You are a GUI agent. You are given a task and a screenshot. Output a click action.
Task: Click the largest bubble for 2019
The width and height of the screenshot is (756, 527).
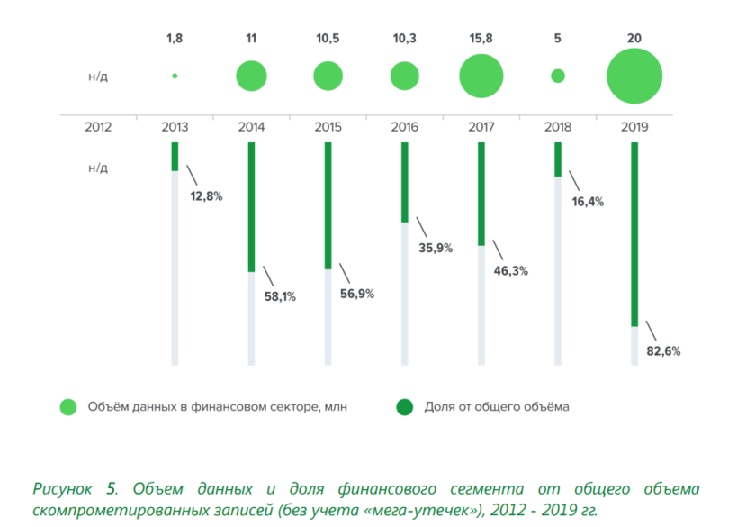coord(634,76)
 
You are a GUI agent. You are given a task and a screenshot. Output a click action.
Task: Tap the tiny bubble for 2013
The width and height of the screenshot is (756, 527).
coord(175,76)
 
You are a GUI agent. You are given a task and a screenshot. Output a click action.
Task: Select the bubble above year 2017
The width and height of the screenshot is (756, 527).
coord(481,76)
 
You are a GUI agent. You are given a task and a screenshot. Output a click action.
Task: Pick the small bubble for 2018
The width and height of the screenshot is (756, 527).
coord(558,76)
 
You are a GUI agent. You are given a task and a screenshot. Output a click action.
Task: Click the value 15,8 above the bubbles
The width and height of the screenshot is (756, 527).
coord(481,39)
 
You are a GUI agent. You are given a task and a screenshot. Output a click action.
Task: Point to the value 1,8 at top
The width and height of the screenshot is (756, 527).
coord(175,39)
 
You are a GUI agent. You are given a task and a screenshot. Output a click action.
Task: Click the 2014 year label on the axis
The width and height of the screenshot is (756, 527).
coord(251,127)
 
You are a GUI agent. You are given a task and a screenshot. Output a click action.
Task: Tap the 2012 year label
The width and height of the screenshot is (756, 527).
coord(97,127)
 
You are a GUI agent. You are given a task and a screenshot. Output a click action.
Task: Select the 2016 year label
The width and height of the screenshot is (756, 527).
coord(405,127)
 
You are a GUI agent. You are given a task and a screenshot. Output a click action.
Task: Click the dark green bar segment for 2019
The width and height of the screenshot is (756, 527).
coord(634,234)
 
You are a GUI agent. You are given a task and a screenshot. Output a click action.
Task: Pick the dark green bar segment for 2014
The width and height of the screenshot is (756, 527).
coord(251,206)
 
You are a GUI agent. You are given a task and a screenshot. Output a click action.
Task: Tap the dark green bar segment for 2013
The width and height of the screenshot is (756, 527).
coord(175,156)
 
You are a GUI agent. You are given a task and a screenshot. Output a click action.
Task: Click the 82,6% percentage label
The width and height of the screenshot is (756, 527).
coord(664,351)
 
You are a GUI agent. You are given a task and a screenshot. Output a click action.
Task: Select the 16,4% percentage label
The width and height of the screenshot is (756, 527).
coord(588,202)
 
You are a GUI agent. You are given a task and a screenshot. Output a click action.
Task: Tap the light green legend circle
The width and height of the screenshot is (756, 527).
coord(68,407)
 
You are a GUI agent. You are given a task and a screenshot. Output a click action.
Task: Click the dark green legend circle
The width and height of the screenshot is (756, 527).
coord(404,407)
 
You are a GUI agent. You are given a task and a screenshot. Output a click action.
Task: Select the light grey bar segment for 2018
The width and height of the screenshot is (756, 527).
coord(558,270)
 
